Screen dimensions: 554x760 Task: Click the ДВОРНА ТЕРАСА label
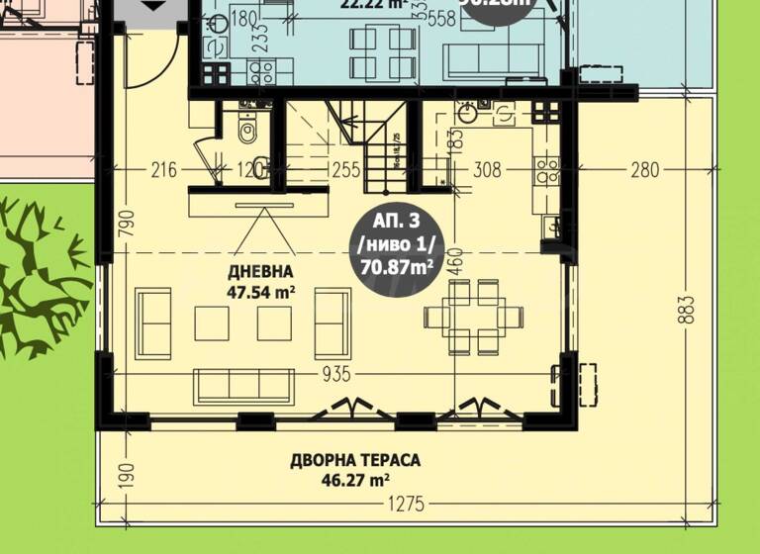tap(355, 460)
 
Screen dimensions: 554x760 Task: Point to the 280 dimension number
tap(644, 170)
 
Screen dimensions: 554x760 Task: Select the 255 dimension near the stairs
tap(345, 170)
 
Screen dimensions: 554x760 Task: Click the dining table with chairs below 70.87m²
tap(474, 316)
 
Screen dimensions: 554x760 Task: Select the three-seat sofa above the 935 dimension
tap(243, 385)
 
